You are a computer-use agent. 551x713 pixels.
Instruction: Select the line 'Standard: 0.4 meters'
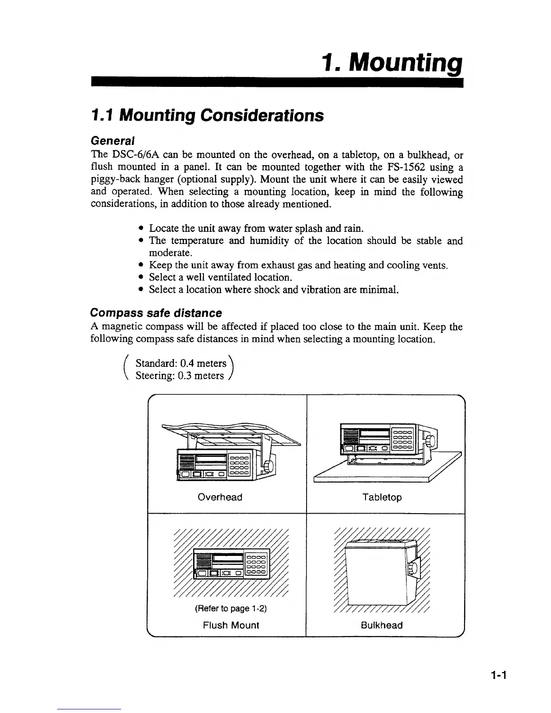click(181, 363)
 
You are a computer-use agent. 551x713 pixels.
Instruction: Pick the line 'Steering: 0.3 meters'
click(180, 375)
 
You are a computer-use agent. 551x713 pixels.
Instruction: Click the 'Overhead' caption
click(220, 497)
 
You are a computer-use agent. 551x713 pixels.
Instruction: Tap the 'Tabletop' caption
click(382, 497)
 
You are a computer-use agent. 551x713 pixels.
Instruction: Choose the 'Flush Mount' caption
click(231, 625)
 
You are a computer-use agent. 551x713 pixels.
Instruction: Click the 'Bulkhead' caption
click(382, 625)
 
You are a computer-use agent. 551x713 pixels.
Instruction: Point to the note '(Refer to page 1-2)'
click(230, 609)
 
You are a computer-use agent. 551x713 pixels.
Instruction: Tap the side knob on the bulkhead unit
click(411, 570)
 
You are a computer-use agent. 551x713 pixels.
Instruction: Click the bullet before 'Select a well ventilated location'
click(142, 277)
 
